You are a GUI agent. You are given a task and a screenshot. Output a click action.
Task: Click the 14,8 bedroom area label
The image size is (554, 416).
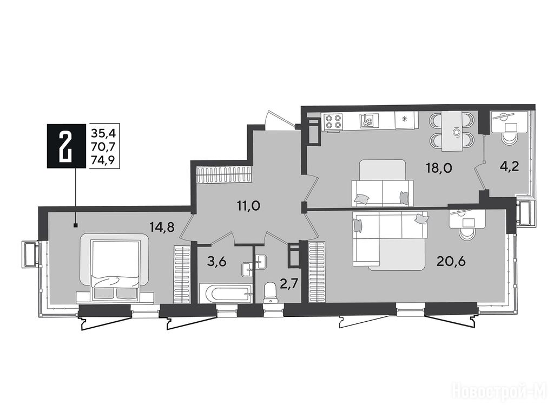[162, 227]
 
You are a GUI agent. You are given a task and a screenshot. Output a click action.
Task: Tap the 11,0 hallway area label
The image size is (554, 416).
[248, 206]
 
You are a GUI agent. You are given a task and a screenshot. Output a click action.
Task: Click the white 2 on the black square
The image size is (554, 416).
[66, 145]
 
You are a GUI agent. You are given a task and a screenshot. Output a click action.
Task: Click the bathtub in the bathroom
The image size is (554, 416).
[226, 293]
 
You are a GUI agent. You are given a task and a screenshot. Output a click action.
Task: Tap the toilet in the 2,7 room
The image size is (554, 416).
[271, 292]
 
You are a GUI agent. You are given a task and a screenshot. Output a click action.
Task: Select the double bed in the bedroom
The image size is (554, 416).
[115, 269]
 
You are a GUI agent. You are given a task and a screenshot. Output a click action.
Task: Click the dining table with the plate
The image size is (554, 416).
[453, 131]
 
